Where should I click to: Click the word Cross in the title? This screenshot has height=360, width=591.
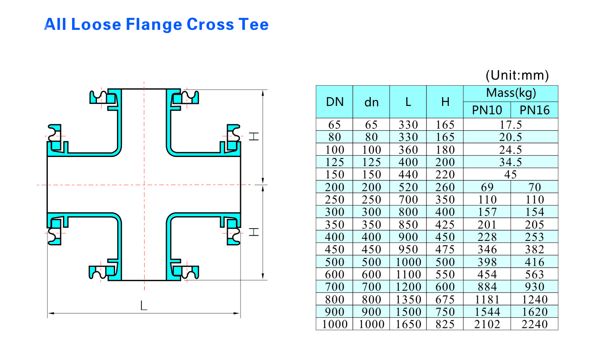210,25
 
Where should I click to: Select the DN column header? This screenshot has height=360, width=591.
335,102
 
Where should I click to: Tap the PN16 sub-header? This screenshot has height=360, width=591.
534,110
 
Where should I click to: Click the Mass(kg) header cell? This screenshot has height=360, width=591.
511,93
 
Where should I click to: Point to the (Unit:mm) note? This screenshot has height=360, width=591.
517,75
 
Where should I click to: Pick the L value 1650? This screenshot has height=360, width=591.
408,324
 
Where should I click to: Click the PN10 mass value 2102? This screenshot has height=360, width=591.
487,324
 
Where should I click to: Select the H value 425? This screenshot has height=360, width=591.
445,225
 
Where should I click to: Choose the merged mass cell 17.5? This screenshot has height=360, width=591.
511,125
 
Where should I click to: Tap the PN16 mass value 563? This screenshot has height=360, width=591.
534,274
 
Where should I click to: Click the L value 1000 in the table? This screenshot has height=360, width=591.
408,262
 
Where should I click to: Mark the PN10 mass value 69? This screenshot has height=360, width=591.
487,187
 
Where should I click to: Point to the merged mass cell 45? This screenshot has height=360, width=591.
511,174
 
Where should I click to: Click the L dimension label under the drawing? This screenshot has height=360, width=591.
144,306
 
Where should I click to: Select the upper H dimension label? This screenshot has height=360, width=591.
254,137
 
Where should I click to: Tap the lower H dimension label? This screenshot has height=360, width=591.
254,232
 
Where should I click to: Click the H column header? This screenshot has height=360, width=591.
445,102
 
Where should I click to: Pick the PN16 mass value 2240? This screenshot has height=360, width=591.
534,324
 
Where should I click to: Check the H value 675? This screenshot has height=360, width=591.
445,299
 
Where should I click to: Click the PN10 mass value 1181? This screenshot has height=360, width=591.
487,299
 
